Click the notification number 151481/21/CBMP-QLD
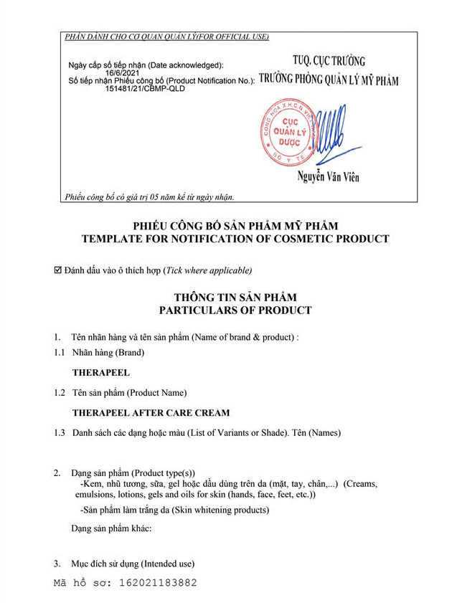pyautogui.click(x=143, y=89)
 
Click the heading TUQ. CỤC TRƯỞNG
pyautogui.click(x=329, y=61)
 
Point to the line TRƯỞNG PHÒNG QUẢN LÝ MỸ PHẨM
pyautogui.click(x=329, y=80)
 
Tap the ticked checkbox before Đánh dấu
pyautogui.click(x=58, y=270)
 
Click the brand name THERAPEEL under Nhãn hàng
pyautogui.click(x=101, y=373)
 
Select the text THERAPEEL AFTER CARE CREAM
pyautogui.click(x=151, y=413)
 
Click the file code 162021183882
pyautogui.click(x=156, y=583)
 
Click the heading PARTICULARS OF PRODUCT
pyautogui.click(x=235, y=310)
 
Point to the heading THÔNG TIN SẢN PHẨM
pyautogui.click(x=235, y=297)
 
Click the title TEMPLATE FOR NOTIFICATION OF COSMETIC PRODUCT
pyautogui.click(x=235, y=239)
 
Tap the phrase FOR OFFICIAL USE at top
pyautogui.click(x=229, y=37)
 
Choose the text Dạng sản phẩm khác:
pyautogui.click(x=111, y=529)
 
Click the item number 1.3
pyautogui.click(x=60, y=432)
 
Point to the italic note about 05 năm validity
pyautogui.click(x=149, y=196)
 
